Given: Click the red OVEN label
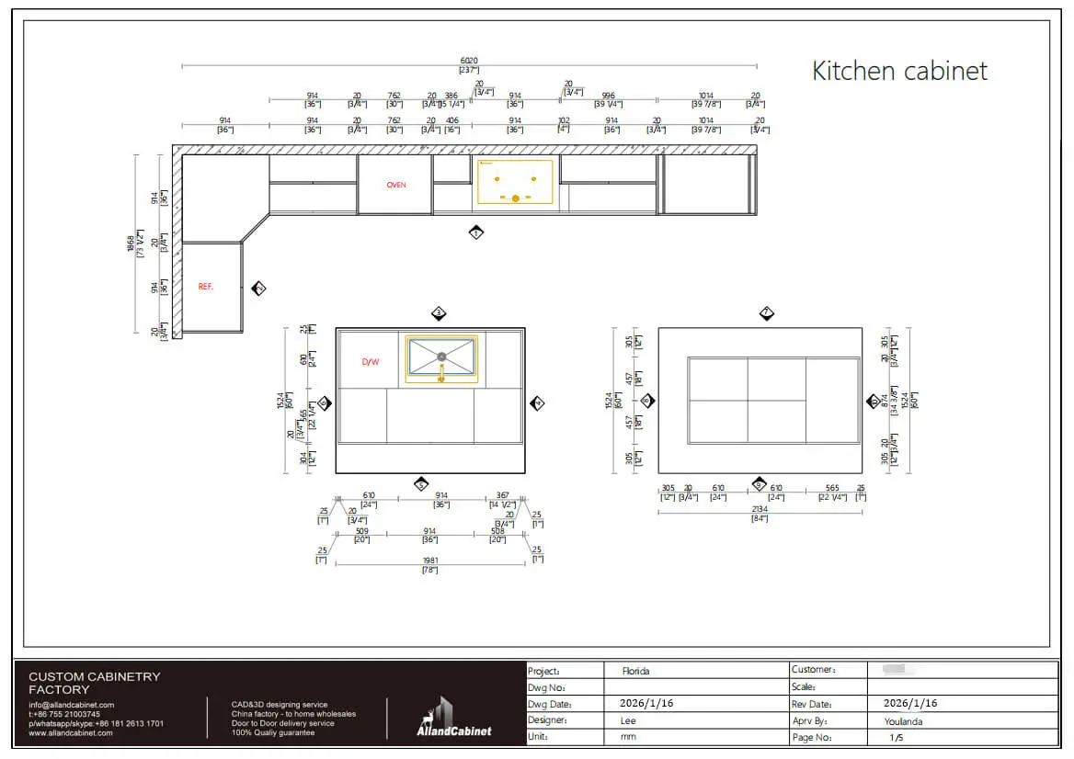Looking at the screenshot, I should (395, 185).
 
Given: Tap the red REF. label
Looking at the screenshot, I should (206, 287).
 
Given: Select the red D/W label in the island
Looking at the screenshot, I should (370, 362).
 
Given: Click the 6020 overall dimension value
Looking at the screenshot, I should (469, 61).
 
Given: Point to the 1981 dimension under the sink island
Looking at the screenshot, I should (429, 561).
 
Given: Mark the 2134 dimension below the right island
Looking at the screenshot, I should (760, 509).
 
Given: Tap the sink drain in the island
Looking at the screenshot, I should (441, 355).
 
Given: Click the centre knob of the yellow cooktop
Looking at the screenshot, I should (516, 198).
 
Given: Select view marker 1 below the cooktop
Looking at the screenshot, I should (475, 232).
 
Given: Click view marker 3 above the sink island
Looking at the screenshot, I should (439, 313).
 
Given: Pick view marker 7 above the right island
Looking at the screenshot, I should (766, 313).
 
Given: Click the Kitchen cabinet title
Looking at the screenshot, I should (899, 71).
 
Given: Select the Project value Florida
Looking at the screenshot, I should (635, 671).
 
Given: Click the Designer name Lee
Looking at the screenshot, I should (629, 720).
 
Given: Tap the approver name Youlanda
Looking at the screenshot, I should (897, 720).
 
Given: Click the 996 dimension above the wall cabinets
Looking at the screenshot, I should (608, 95).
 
